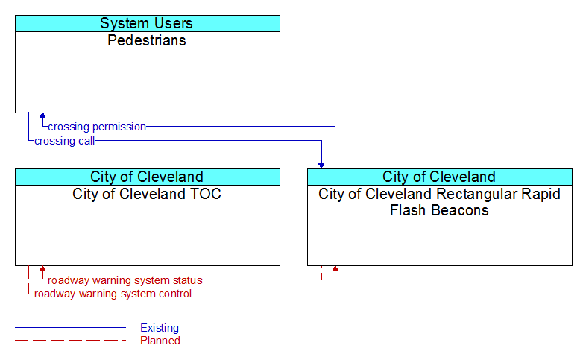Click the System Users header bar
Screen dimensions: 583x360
tap(148, 23)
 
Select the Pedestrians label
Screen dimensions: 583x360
tap(147, 40)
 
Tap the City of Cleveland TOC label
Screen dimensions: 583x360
tap(147, 194)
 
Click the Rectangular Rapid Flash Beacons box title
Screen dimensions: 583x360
tap(439, 202)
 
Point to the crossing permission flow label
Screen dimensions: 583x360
tap(97, 127)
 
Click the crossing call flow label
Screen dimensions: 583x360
tap(64, 141)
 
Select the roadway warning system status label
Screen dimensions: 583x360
tap(125, 280)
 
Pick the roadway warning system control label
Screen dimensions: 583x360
tap(113, 294)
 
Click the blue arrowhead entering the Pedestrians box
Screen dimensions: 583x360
tap(42, 116)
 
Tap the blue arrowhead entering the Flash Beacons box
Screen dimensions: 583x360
tap(321, 166)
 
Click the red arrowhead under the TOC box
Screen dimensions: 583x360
tap(42, 268)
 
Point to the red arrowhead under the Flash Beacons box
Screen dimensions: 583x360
tap(335, 268)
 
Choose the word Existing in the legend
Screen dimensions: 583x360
tap(160, 328)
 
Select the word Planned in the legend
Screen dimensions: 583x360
tap(160, 341)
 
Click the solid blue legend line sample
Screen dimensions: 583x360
tap(70, 328)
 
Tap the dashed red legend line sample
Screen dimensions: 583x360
tap(70, 341)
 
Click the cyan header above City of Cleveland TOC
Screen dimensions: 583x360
tap(148, 177)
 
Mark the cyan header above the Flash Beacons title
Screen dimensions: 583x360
tap(440, 177)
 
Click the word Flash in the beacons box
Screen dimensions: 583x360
tap(406, 210)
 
